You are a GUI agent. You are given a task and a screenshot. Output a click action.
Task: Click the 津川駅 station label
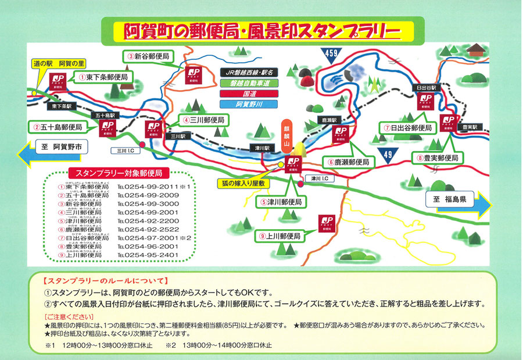(261, 148)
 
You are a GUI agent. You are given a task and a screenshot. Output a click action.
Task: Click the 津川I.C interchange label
(320, 179)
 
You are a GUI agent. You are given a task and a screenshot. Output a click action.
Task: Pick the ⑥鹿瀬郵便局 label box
(348, 163)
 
